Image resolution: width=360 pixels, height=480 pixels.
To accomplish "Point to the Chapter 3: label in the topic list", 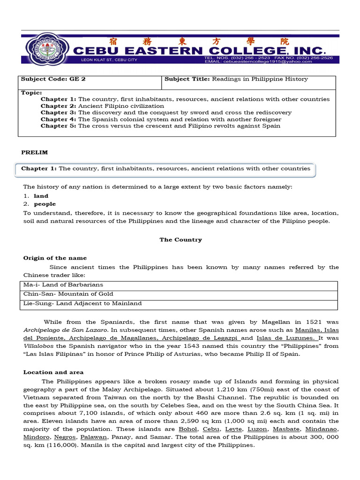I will click(x=58, y=112).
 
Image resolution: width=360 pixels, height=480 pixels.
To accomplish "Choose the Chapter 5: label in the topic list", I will click(x=58, y=126).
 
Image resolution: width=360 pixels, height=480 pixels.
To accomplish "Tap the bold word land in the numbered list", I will click(x=41, y=196).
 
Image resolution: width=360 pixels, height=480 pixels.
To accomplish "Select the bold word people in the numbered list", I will click(x=45, y=204).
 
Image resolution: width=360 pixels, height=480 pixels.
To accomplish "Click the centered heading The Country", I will click(x=180, y=240).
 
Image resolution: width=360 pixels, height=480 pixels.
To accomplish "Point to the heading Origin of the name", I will click(x=55, y=258).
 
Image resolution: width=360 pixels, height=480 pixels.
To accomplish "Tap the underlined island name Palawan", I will click(x=94, y=437).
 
